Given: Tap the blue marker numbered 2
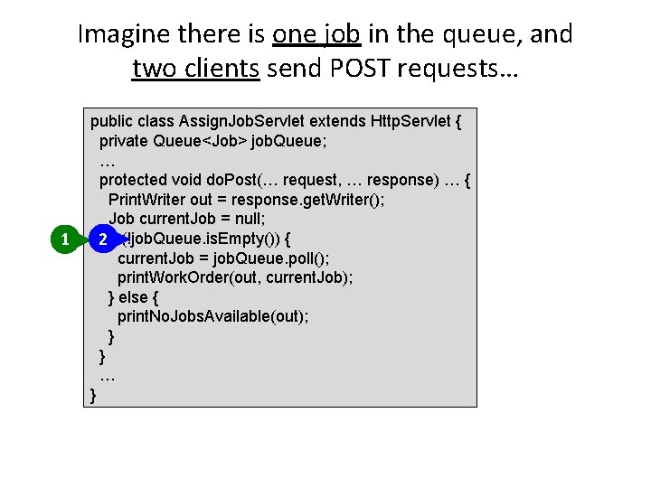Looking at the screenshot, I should pos(104,239).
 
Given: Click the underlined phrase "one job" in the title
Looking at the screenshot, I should pos(316,34).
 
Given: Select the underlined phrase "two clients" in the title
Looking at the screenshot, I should pos(195,68).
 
